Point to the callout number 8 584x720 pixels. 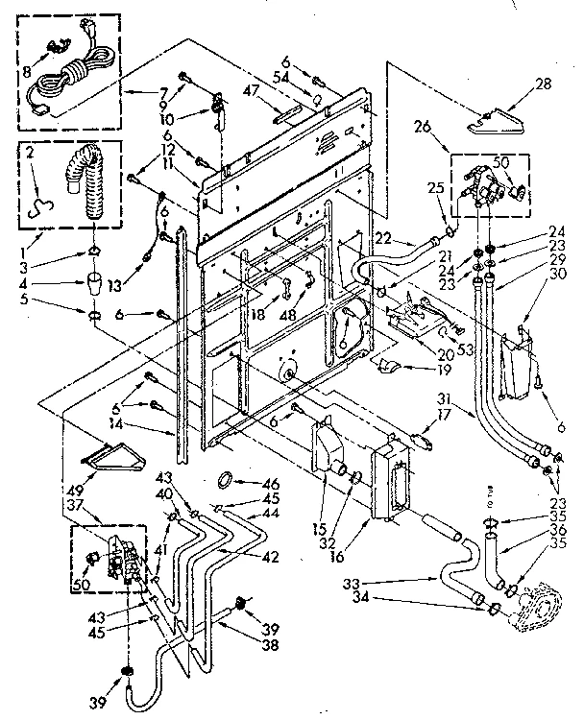pos(26,70)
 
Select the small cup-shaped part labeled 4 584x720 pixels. pos(94,284)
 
